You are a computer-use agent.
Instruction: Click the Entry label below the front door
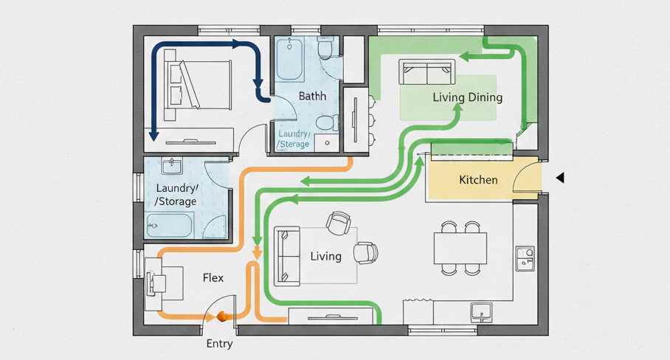219,344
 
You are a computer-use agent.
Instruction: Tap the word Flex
213,278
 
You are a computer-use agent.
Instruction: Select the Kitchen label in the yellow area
478,179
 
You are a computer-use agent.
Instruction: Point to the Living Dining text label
467,97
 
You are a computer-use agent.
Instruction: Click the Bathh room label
312,97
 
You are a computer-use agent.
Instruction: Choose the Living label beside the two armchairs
325,256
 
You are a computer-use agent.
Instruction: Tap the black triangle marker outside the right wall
560,178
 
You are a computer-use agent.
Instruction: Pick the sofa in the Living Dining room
427,72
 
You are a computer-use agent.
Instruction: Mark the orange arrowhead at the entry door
219,317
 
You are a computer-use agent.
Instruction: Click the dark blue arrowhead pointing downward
153,135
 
